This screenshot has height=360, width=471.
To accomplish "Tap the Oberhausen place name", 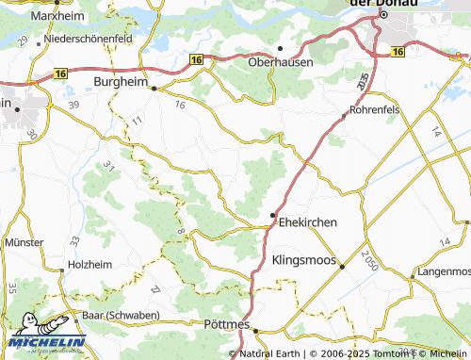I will (280, 62).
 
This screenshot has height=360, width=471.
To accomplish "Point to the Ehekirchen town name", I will (306, 222).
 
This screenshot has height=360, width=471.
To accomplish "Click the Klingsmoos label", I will (303, 259).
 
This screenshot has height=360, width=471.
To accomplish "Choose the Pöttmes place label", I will (227, 324).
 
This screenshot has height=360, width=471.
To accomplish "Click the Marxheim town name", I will (54, 16).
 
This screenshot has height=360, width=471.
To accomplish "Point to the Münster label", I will (24, 242).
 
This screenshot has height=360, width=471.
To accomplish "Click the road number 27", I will (155, 287).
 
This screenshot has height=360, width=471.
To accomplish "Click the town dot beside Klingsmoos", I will (343, 267).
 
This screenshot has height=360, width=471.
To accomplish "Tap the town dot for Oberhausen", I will (280, 48).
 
